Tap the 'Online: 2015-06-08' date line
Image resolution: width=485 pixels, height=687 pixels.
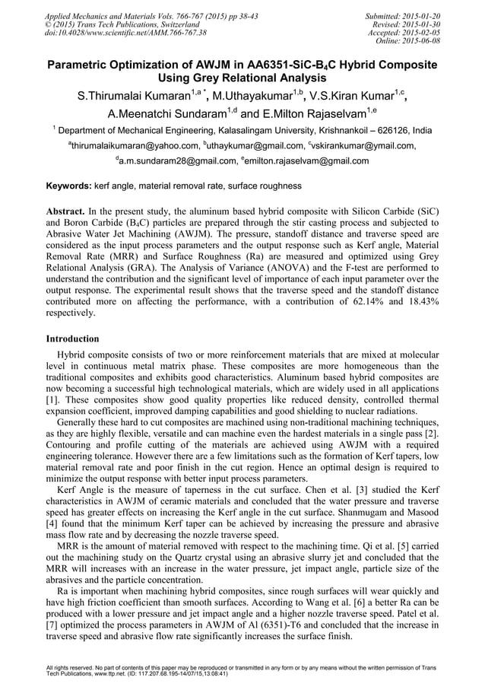[x=408, y=40]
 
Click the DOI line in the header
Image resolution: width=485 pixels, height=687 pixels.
[x=125, y=33]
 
